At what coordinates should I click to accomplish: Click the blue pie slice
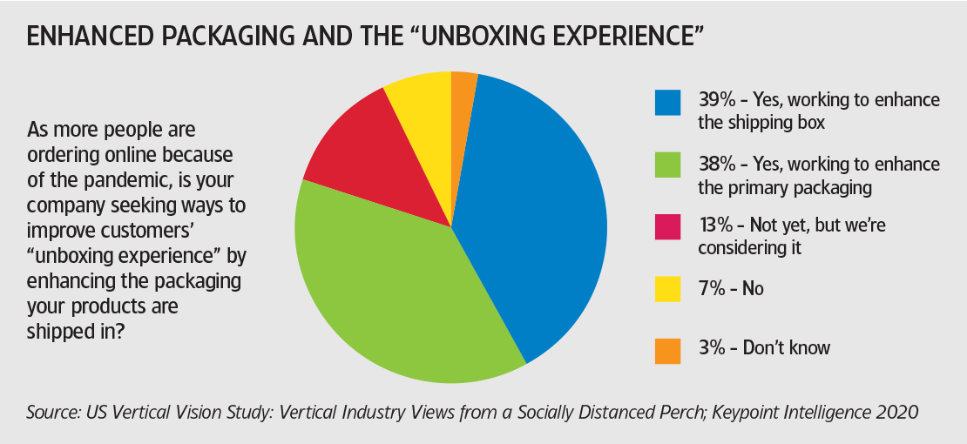(531, 218)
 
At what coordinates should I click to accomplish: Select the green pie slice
(401, 296)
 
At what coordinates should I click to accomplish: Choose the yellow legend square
(667, 289)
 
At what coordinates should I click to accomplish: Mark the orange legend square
(667, 350)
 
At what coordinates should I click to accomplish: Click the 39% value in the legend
(715, 100)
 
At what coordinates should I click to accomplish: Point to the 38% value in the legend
(715, 164)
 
